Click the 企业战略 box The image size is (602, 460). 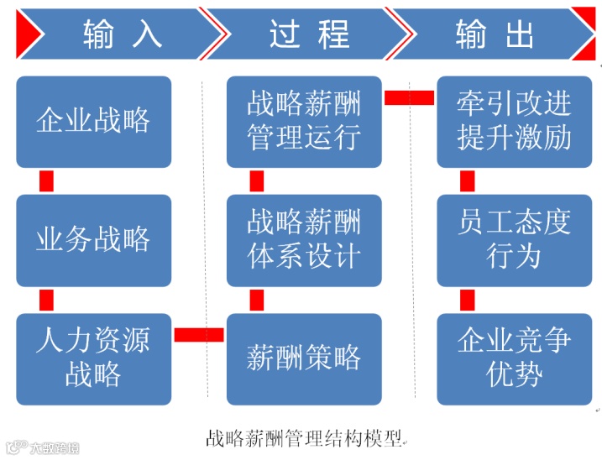pos(93,122)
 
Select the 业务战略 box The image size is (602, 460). pos(93,241)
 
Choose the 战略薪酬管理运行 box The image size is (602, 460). pos(304,122)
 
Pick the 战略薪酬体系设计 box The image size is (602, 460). pos(304,241)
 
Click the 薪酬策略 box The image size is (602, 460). pos(304,358)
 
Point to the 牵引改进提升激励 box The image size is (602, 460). pos(514,122)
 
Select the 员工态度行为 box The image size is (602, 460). pos(514,241)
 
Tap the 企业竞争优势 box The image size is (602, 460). pos(514,358)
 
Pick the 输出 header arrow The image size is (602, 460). pos(495,34)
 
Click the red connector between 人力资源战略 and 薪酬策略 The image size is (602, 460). pos(199,335)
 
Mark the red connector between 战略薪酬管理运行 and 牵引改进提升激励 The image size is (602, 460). pos(409,97)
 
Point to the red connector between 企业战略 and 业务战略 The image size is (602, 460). pos(47,181)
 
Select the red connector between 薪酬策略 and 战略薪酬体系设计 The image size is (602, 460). pos(257,300)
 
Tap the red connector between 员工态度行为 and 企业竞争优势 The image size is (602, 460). pos(468,300)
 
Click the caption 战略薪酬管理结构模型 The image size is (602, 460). pos(304,438)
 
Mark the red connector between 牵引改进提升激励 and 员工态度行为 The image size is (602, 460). pos(468,181)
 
